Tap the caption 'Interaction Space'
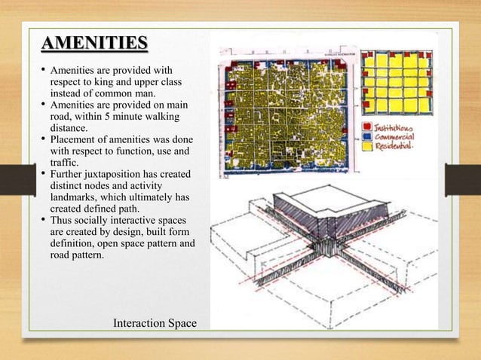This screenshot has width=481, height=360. pyautogui.click(x=154, y=323)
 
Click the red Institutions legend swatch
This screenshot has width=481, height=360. pyautogui.click(x=367, y=127)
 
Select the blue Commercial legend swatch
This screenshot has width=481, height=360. pyautogui.click(x=367, y=137)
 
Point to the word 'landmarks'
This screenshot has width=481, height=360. pyautogui.click(x=75, y=197)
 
